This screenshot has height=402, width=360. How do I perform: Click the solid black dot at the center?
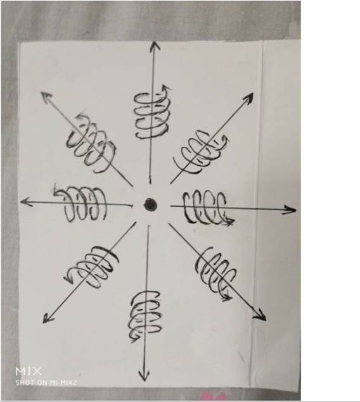[x=150, y=204]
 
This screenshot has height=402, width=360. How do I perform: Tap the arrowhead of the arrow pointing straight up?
[x=155, y=46]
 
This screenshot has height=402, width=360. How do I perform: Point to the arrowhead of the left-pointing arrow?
[x=26, y=202]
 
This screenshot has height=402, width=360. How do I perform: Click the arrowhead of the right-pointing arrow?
[x=290, y=210]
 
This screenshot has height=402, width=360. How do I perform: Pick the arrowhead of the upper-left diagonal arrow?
[x=46, y=97]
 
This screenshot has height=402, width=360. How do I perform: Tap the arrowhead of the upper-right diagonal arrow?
[x=248, y=98]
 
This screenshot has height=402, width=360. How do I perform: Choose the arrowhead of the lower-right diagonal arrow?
[x=260, y=315]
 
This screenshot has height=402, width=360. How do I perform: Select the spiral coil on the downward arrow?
[x=146, y=316]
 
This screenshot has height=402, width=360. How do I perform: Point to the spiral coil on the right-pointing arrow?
[x=208, y=208]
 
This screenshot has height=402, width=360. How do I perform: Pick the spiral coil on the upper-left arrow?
[x=91, y=143]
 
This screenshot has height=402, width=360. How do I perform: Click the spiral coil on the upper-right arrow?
[x=201, y=152]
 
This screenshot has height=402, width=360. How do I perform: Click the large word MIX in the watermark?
[x=29, y=371]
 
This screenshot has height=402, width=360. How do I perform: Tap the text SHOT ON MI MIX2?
[x=46, y=382]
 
